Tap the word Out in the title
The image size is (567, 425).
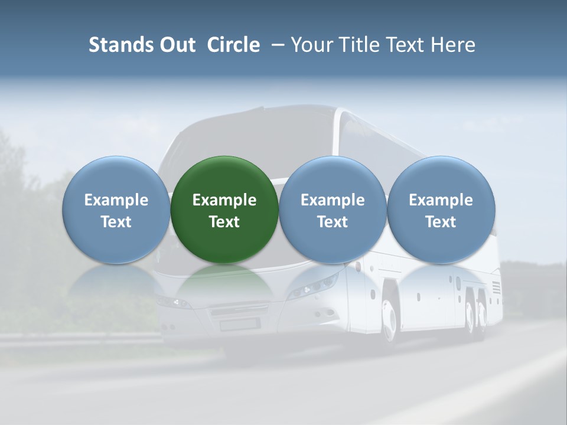(177, 45)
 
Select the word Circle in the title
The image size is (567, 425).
(233, 45)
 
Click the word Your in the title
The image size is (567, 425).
(309, 45)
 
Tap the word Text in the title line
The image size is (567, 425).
(402, 45)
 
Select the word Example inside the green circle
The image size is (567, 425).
(224, 200)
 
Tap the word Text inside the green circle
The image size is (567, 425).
(224, 222)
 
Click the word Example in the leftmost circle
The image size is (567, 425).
(116, 200)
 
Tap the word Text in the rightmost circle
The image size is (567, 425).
(441, 222)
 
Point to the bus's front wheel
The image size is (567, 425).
(389, 319)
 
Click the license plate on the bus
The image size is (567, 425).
(240, 324)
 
